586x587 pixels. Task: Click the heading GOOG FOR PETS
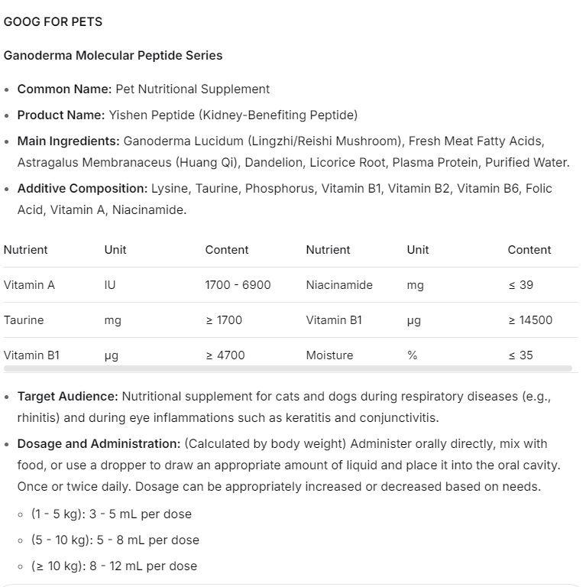[x=53, y=21]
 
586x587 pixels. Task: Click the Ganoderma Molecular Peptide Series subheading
[x=113, y=55]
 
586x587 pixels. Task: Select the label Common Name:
[x=64, y=89]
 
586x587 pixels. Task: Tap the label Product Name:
[x=61, y=115]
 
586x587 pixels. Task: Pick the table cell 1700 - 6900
[x=238, y=285]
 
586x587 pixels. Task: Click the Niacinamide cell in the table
[x=339, y=285]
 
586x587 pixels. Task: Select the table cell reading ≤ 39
[x=521, y=285]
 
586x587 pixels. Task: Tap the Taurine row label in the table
[x=24, y=320]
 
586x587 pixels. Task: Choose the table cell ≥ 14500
[x=530, y=320]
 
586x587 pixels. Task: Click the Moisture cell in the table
[x=329, y=355]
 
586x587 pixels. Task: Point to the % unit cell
[x=413, y=355]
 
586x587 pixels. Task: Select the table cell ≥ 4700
[x=225, y=355]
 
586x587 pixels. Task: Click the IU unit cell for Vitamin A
[x=110, y=285]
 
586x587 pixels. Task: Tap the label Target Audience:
[x=67, y=397]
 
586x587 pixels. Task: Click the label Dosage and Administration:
[x=99, y=444]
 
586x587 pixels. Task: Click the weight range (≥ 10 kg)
[x=60, y=566]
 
